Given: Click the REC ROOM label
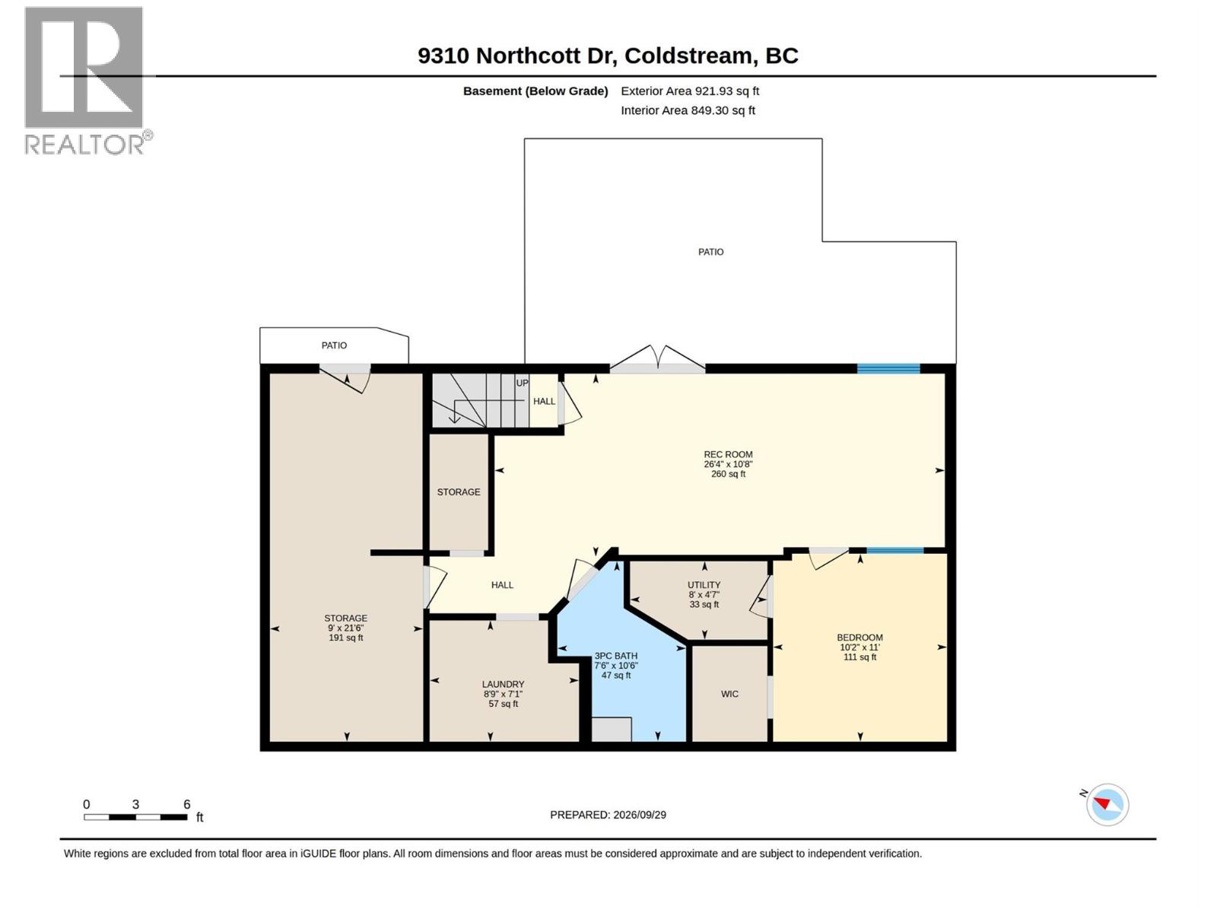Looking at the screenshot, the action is [728, 454].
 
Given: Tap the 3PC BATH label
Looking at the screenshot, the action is [615, 656].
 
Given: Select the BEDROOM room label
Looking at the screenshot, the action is [860, 638].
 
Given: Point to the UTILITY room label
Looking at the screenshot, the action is [704, 585].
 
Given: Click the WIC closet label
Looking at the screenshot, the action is [729, 694].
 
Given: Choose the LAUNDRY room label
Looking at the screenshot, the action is [503, 685].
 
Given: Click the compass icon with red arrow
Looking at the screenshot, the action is [1107, 805].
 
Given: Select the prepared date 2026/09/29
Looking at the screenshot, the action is [608, 815].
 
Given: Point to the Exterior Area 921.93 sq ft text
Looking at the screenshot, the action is [690, 91].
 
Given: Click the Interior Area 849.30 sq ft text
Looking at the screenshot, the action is [688, 110].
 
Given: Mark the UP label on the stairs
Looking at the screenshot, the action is [522, 383].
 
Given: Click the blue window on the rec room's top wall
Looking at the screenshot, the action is [888, 368].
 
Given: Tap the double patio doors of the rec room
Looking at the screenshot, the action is [657, 359].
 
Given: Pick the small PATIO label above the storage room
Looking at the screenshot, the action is [334, 345].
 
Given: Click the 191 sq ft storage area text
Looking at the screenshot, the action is [346, 638].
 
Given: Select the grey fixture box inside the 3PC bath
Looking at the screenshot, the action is [612, 729].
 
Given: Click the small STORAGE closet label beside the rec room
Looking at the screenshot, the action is [459, 492].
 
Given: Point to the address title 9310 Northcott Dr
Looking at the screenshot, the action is [518, 56].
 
